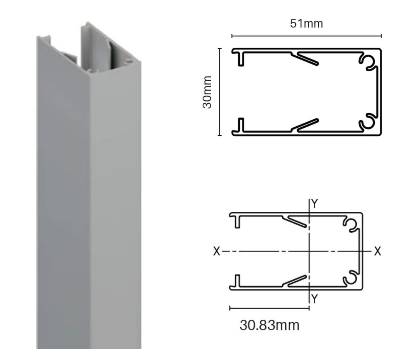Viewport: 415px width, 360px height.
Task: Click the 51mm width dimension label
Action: tap(307, 24)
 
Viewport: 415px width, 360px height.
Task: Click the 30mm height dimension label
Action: tap(207, 92)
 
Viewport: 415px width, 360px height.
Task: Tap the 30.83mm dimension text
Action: tap(269, 325)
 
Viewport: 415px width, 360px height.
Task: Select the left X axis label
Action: tap(217, 251)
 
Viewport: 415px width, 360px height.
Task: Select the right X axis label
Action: tap(378, 251)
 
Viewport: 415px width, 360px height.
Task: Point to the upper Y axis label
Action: tap(315, 204)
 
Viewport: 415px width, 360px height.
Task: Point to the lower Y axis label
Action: tap(315, 298)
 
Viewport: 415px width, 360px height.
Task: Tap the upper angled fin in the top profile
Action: tap(305, 58)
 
